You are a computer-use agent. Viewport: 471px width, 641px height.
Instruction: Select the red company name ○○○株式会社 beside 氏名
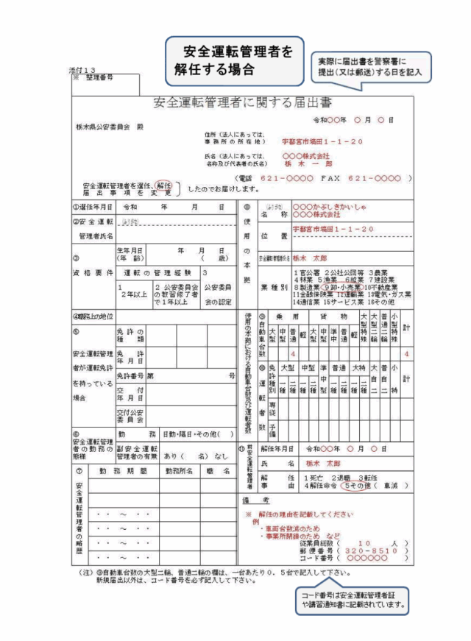[308, 156]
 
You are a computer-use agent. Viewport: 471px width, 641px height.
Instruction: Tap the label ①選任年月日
[93, 208]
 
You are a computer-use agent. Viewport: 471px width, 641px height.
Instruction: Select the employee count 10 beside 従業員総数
[364, 541]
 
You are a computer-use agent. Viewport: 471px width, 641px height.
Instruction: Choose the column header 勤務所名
[179, 470]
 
